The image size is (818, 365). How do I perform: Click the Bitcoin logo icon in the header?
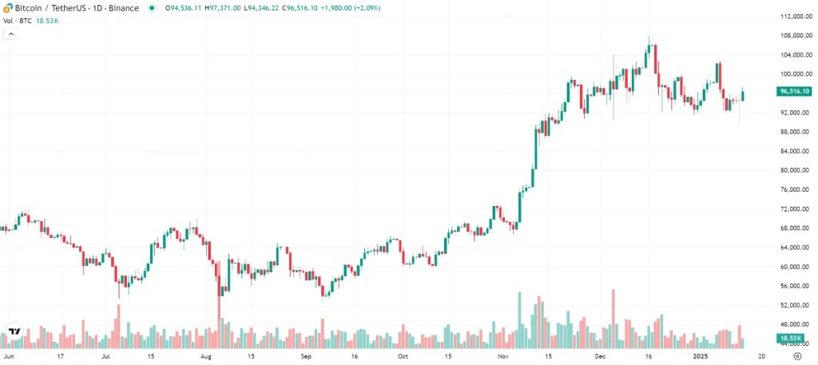click(7, 7)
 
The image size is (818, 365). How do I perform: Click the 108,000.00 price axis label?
click(792, 35)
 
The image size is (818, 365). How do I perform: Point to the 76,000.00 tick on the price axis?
click(792, 189)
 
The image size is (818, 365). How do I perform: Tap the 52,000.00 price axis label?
click(792, 305)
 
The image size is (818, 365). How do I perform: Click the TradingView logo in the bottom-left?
click(14, 331)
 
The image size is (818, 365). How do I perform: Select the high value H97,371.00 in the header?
click(226, 8)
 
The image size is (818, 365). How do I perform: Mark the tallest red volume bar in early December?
click(613, 319)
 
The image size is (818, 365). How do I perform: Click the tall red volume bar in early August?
click(219, 323)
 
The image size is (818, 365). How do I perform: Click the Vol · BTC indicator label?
click(16, 20)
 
